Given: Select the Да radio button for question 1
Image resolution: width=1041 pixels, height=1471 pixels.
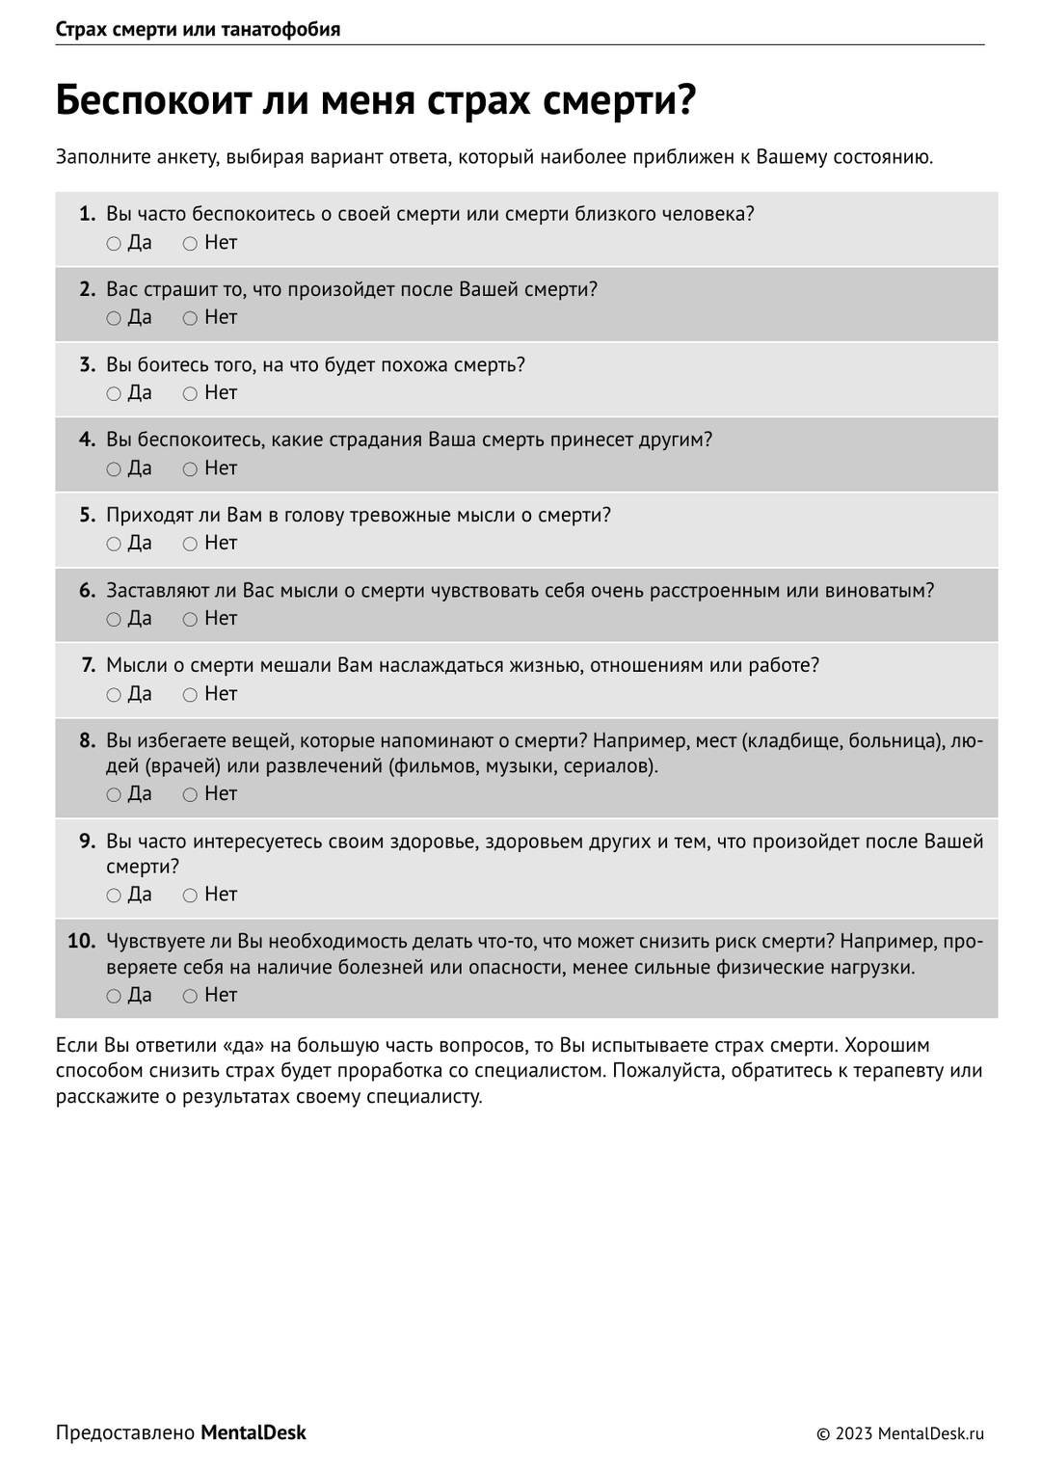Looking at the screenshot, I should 114,244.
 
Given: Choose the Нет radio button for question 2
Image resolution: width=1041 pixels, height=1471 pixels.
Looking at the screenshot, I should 190,319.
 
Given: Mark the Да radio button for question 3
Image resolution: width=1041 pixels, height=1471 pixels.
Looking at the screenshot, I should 114,394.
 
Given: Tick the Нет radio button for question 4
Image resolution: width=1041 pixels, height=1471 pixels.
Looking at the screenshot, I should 190,469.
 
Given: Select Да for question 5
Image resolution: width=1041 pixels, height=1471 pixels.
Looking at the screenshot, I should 114,545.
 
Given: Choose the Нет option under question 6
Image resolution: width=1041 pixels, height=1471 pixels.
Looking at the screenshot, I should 190,620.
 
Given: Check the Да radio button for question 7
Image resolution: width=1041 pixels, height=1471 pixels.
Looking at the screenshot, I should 114,695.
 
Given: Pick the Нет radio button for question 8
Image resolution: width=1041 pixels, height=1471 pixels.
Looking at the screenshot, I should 190,795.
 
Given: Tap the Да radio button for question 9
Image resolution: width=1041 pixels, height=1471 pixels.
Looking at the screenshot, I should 114,896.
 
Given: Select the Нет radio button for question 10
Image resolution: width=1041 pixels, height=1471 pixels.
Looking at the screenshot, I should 190,996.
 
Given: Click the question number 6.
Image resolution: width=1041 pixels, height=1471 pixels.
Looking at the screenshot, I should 87,591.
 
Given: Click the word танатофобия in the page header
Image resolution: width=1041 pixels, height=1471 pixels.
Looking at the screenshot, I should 280,29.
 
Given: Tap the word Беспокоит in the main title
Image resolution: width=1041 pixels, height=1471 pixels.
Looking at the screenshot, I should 153,101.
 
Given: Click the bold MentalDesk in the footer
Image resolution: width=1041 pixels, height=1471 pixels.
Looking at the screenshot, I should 254,1433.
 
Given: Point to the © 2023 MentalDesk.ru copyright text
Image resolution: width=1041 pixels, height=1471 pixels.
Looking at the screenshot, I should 900,1434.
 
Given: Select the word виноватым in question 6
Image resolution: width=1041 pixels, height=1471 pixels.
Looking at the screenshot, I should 880,591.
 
